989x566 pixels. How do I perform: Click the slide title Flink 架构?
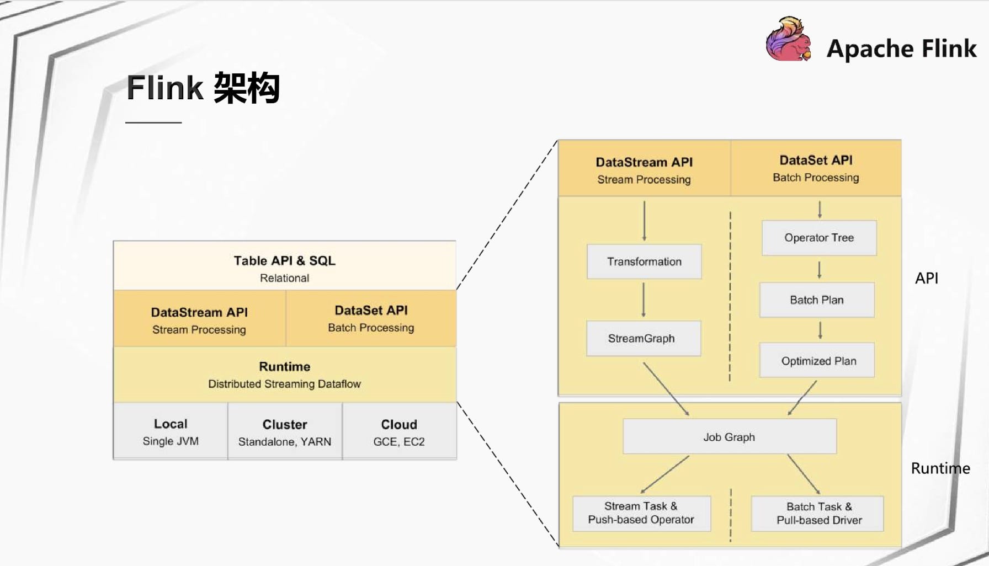pyautogui.click(x=203, y=88)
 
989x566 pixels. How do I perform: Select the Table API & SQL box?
pyautogui.click(x=285, y=266)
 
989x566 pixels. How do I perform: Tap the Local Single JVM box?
pyautogui.click(x=171, y=431)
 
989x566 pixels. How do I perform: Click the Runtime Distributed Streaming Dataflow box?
pyautogui.click(x=285, y=375)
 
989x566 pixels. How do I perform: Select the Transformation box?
pyautogui.click(x=644, y=261)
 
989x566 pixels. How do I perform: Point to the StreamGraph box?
pyautogui.click(x=644, y=338)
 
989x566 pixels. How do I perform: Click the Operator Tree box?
pyautogui.click(x=819, y=238)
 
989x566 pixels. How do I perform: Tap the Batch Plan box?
pyautogui.click(x=817, y=300)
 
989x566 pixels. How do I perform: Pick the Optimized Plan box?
pyautogui.click(x=817, y=360)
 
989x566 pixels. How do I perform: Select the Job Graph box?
pyautogui.click(x=730, y=436)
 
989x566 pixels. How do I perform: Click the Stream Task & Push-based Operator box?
pyautogui.click(x=641, y=513)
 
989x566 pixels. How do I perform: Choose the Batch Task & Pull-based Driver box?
pyautogui.click(x=817, y=514)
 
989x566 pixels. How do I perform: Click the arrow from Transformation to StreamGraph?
pyautogui.click(x=644, y=300)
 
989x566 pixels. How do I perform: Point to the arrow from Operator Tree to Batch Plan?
pyautogui.click(x=820, y=270)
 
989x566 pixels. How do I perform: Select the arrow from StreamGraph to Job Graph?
pyautogui.click(x=666, y=388)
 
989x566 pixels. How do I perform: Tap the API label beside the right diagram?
pyautogui.click(x=927, y=278)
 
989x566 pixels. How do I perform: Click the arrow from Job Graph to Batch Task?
pyautogui.click(x=804, y=474)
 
